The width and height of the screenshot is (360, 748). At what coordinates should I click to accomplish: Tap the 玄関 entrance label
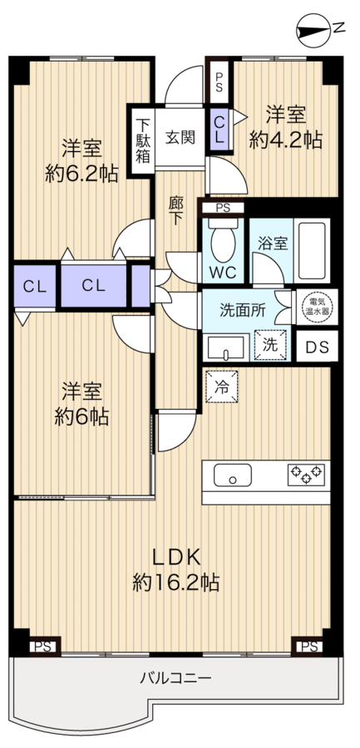point(180,137)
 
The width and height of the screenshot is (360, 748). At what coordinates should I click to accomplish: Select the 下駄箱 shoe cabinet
point(142,140)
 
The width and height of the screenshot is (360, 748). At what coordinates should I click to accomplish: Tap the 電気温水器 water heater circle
point(318,306)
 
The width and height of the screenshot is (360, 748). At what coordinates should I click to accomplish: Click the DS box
point(318,347)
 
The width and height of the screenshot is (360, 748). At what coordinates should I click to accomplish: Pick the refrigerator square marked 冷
point(221,386)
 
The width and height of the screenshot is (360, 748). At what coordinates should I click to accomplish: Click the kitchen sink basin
point(233,475)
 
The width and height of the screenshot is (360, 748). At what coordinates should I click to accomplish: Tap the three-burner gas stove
point(306,475)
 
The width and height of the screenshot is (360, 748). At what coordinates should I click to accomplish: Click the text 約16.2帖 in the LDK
point(175,583)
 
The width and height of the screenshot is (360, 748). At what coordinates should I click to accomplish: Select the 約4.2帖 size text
point(286,140)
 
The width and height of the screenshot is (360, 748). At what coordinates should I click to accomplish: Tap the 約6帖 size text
point(81,417)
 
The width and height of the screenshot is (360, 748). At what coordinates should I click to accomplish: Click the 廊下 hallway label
point(175,211)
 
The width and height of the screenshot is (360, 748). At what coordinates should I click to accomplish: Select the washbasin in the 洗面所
point(226,347)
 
